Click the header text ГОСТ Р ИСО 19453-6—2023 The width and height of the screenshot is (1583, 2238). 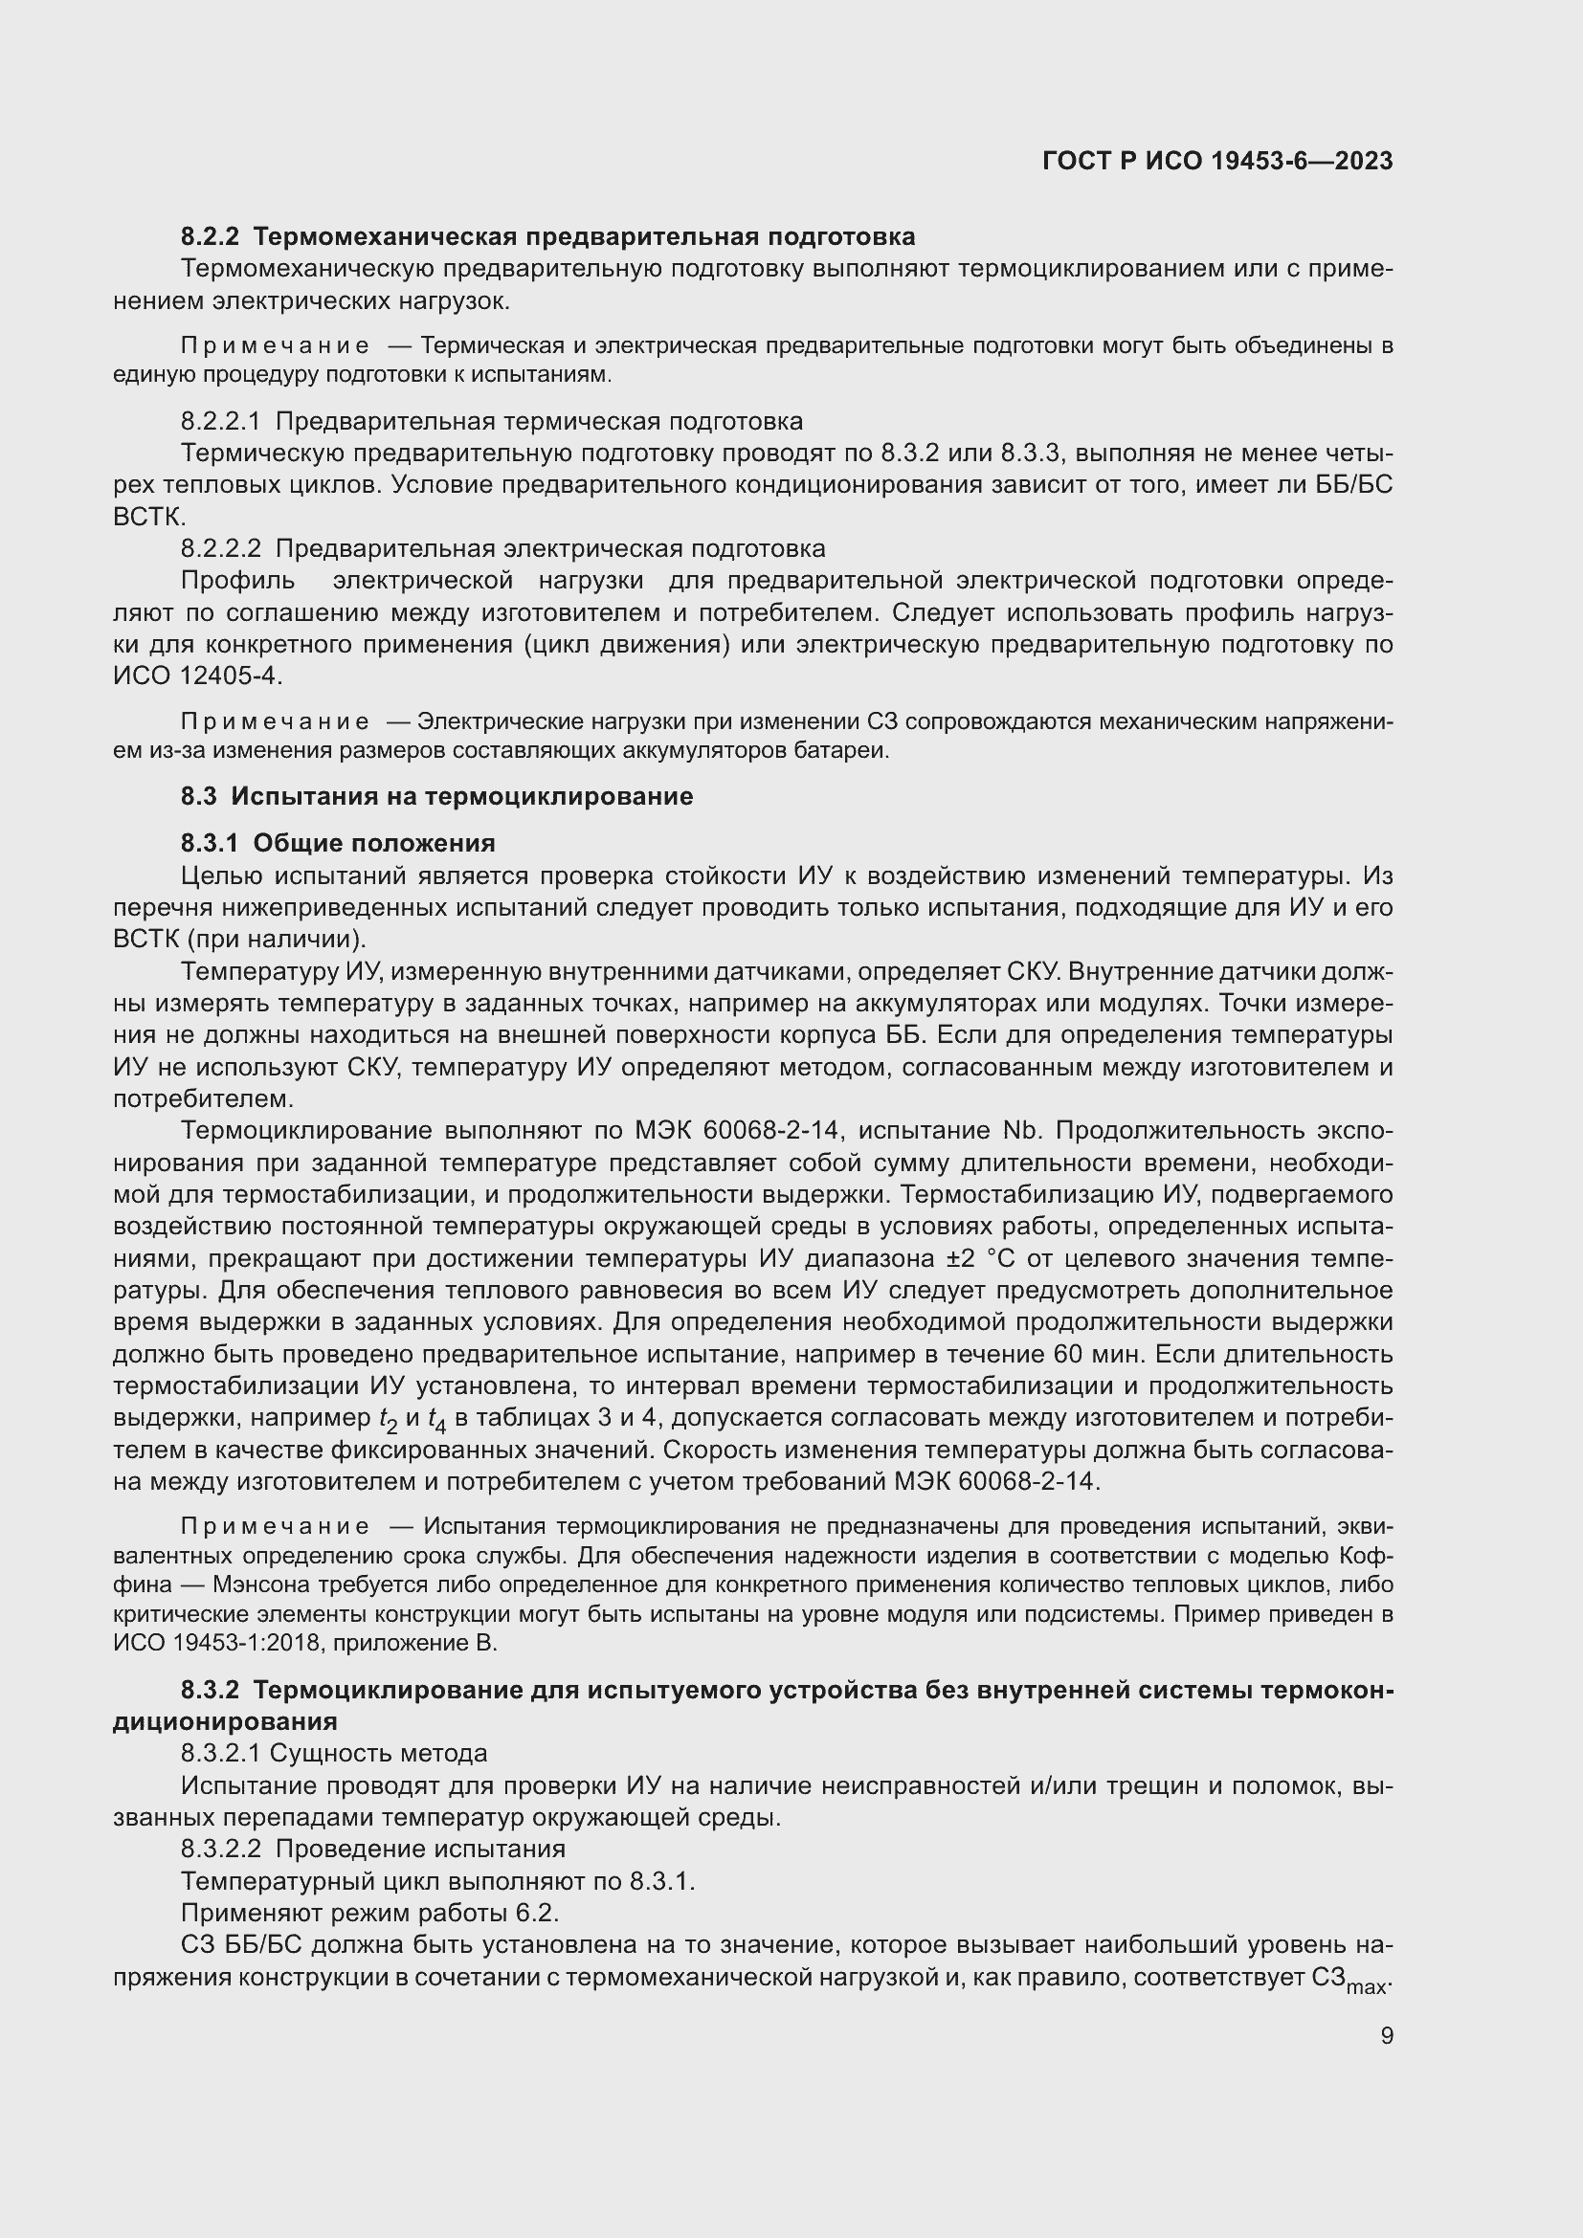pos(1216,161)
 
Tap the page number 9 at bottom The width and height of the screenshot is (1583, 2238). pos(1386,2035)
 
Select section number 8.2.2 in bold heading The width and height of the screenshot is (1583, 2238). pos(210,237)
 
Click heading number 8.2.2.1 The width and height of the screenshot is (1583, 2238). pos(220,421)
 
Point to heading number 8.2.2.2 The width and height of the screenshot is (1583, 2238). pos(220,549)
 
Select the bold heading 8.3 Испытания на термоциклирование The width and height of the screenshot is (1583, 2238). pos(436,796)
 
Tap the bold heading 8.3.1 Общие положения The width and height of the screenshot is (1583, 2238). pos(338,842)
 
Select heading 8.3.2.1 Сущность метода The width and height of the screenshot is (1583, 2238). pos(333,1754)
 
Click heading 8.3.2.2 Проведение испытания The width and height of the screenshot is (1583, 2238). pos(372,1850)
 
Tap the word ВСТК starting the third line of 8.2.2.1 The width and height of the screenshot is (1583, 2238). pos(147,517)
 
